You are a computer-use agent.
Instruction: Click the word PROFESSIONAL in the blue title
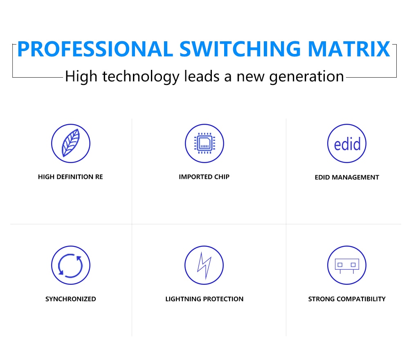pyautogui.click(x=95, y=49)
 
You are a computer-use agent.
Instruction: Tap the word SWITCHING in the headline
pyautogui.click(x=240, y=49)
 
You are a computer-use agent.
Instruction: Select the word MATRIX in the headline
pyautogui.click(x=349, y=49)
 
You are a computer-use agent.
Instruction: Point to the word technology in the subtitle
pyautogui.click(x=141, y=77)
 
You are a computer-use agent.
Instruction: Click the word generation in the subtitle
pyautogui.click(x=306, y=77)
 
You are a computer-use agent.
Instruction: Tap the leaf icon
pyautogui.click(x=71, y=143)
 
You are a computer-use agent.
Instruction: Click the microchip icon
pyautogui.click(x=204, y=143)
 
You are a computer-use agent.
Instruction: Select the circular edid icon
pyautogui.click(x=347, y=143)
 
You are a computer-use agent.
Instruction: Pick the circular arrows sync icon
pyautogui.click(x=71, y=265)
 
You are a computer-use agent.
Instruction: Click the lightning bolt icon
pyautogui.click(x=204, y=265)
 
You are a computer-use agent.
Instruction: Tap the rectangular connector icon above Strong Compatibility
pyautogui.click(x=347, y=266)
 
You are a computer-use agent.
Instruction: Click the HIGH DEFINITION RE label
pyautogui.click(x=70, y=177)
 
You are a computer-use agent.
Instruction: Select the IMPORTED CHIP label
pyautogui.click(x=204, y=177)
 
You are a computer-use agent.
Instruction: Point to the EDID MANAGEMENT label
pyautogui.click(x=347, y=177)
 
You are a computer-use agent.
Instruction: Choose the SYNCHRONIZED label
pyautogui.click(x=71, y=299)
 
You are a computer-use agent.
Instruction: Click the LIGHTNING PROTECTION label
pyautogui.click(x=204, y=299)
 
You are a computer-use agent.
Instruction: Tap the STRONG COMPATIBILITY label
pyautogui.click(x=347, y=299)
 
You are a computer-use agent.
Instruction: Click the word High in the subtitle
pyautogui.click(x=81, y=77)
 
